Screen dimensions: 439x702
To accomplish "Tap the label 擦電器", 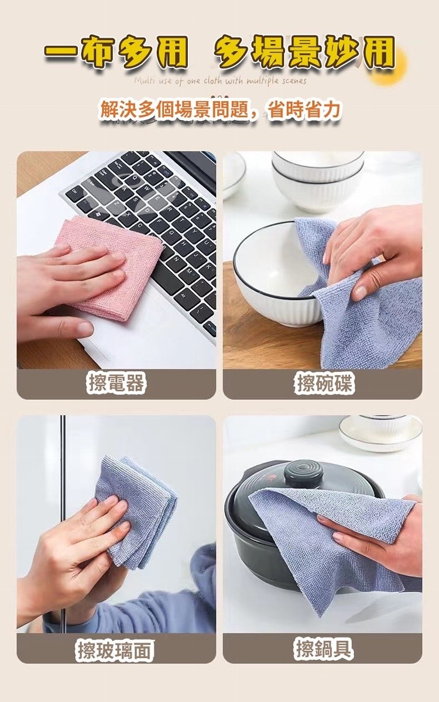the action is [116, 384].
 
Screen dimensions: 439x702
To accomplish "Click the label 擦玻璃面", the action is [115, 650].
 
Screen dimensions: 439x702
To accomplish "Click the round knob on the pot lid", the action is [304, 474].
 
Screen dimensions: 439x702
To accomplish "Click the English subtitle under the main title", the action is [220, 81].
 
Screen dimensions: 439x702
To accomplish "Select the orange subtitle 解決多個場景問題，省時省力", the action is [220, 110].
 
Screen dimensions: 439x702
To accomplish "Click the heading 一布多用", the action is [115, 53].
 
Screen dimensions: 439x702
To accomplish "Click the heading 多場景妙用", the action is [304, 53].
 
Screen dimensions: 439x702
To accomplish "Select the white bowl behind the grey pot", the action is [380, 433].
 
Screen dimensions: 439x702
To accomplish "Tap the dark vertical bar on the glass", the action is [63, 524].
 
